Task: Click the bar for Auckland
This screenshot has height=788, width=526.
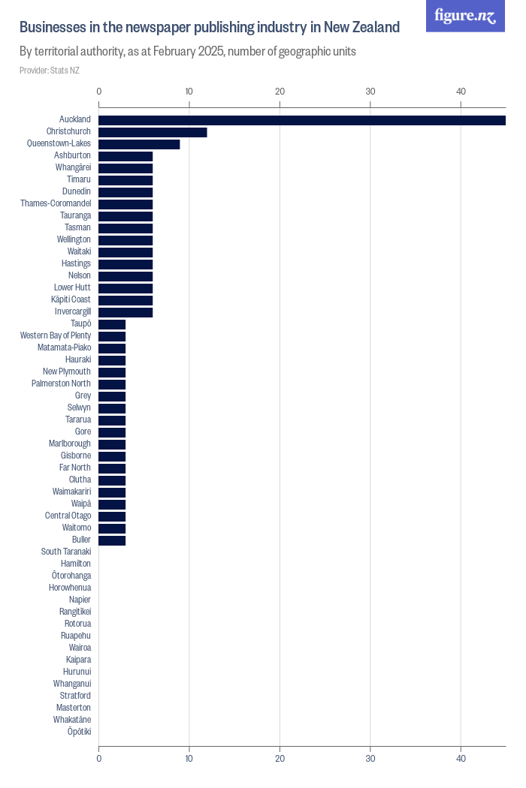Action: (x=301, y=120)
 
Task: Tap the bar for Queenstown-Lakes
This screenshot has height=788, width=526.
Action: (x=139, y=144)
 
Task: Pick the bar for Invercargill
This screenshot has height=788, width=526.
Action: (x=125, y=312)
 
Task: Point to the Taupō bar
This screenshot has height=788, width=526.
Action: (x=112, y=324)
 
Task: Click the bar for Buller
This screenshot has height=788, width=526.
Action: (x=112, y=540)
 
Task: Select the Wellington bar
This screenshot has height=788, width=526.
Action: (x=125, y=240)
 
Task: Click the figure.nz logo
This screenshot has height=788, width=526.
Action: (x=465, y=16)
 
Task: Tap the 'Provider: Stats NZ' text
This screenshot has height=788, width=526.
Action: (x=50, y=71)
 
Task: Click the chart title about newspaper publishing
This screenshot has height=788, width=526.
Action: (x=209, y=28)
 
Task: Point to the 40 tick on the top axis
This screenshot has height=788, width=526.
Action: (x=461, y=92)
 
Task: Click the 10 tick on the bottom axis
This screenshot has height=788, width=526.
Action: (x=189, y=759)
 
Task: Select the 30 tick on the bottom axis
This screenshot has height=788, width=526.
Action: (x=370, y=759)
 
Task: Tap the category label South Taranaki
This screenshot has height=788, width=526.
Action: (x=66, y=552)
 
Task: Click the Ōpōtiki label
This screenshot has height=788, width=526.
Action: (x=79, y=732)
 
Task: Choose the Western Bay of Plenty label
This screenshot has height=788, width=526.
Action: (x=56, y=335)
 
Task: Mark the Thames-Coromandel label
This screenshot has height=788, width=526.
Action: (x=56, y=203)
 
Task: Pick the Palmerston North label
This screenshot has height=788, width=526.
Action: (x=61, y=383)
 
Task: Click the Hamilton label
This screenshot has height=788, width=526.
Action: (x=76, y=564)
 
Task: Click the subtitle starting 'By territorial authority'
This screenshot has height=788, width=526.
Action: (x=188, y=52)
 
